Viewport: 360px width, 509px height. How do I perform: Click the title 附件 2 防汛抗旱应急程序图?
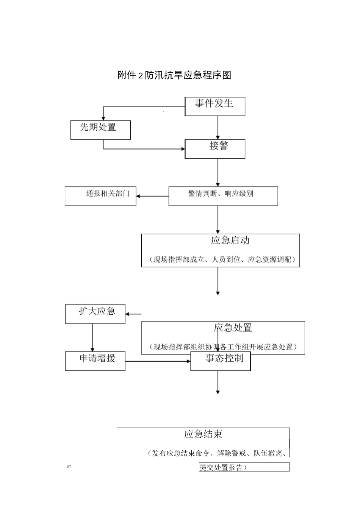click(x=174, y=75)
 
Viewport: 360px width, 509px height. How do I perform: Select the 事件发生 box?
click(x=214, y=106)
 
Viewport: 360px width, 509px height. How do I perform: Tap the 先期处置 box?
click(x=100, y=130)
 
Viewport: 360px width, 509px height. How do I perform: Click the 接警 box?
click(x=214, y=148)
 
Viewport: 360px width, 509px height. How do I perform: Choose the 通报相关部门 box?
click(x=100, y=196)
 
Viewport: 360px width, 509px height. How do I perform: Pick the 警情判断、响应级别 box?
click(x=223, y=196)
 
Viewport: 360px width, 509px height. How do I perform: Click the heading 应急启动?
click(x=230, y=240)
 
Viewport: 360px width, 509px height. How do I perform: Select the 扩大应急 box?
click(x=95, y=314)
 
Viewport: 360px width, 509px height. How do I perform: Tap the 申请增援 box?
click(x=95, y=361)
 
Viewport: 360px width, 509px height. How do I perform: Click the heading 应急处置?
click(x=233, y=328)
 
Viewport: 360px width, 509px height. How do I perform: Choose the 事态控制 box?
click(x=221, y=361)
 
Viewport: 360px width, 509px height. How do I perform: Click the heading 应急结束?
click(x=203, y=434)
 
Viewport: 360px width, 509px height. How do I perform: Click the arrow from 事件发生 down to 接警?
click(x=218, y=127)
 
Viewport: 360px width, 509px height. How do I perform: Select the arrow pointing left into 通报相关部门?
click(x=152, y=196)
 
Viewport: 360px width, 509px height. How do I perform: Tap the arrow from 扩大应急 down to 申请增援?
click(x=92, y=337)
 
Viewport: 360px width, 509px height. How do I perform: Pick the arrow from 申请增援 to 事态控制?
click(x=158, y=361)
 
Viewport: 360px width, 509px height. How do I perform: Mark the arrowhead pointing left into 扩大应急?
click(x=128, y=314)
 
